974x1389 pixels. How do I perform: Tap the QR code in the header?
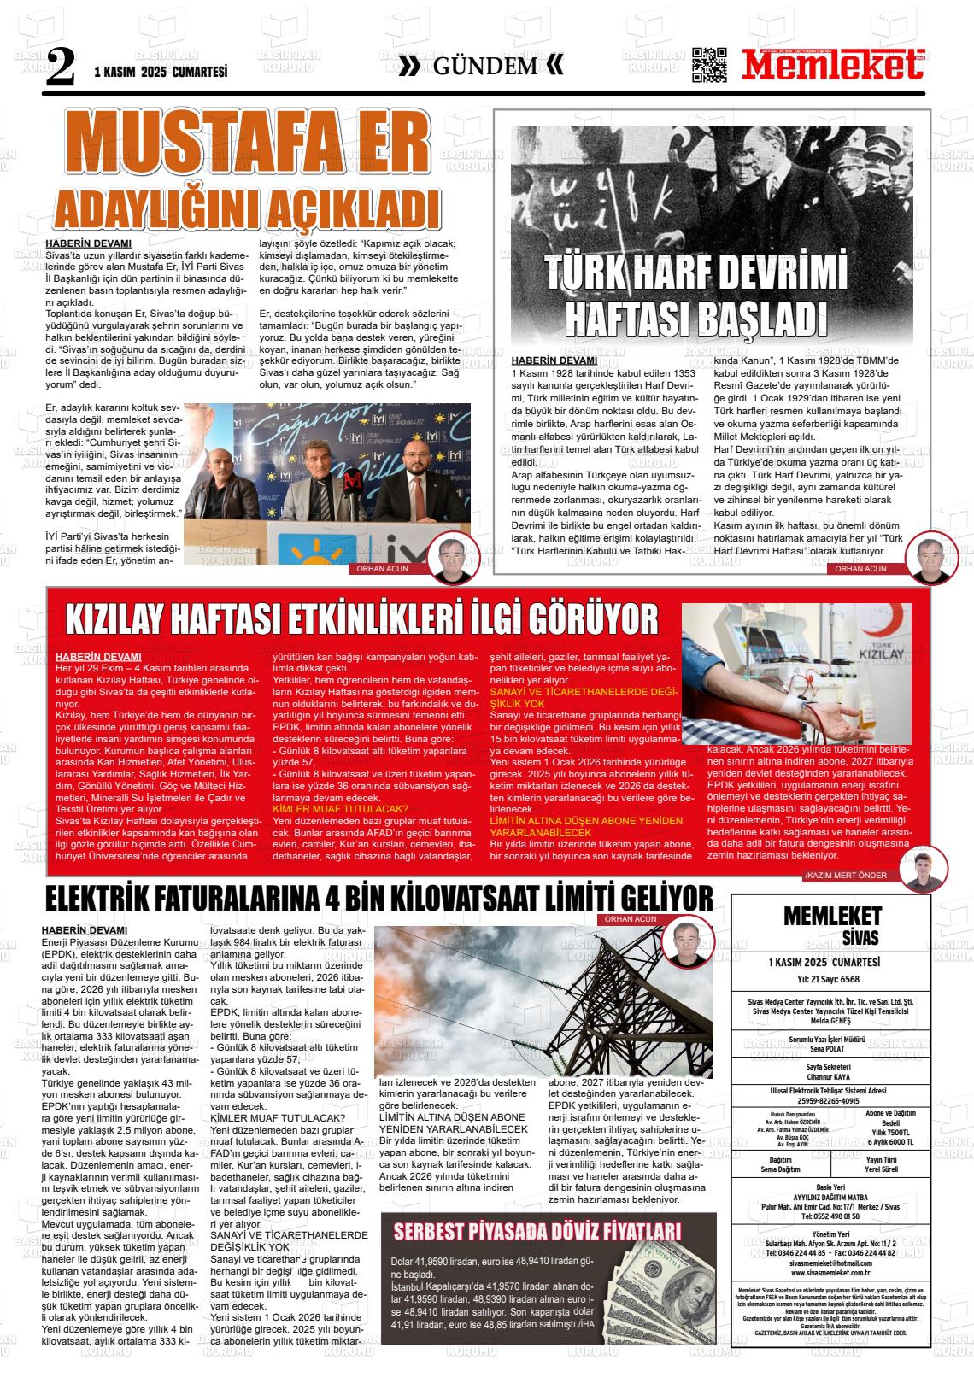click(709, 65)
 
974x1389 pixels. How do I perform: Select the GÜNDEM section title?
click(485, 67)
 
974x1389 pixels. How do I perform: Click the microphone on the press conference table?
click(351, 485)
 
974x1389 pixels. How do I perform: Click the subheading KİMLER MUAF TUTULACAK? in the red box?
click(340, 808)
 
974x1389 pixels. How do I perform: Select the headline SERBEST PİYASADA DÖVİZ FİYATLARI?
click(537, 1231)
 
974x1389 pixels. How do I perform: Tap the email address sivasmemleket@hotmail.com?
click(830, 1263)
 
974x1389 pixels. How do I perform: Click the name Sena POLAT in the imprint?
click(830, 1047)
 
